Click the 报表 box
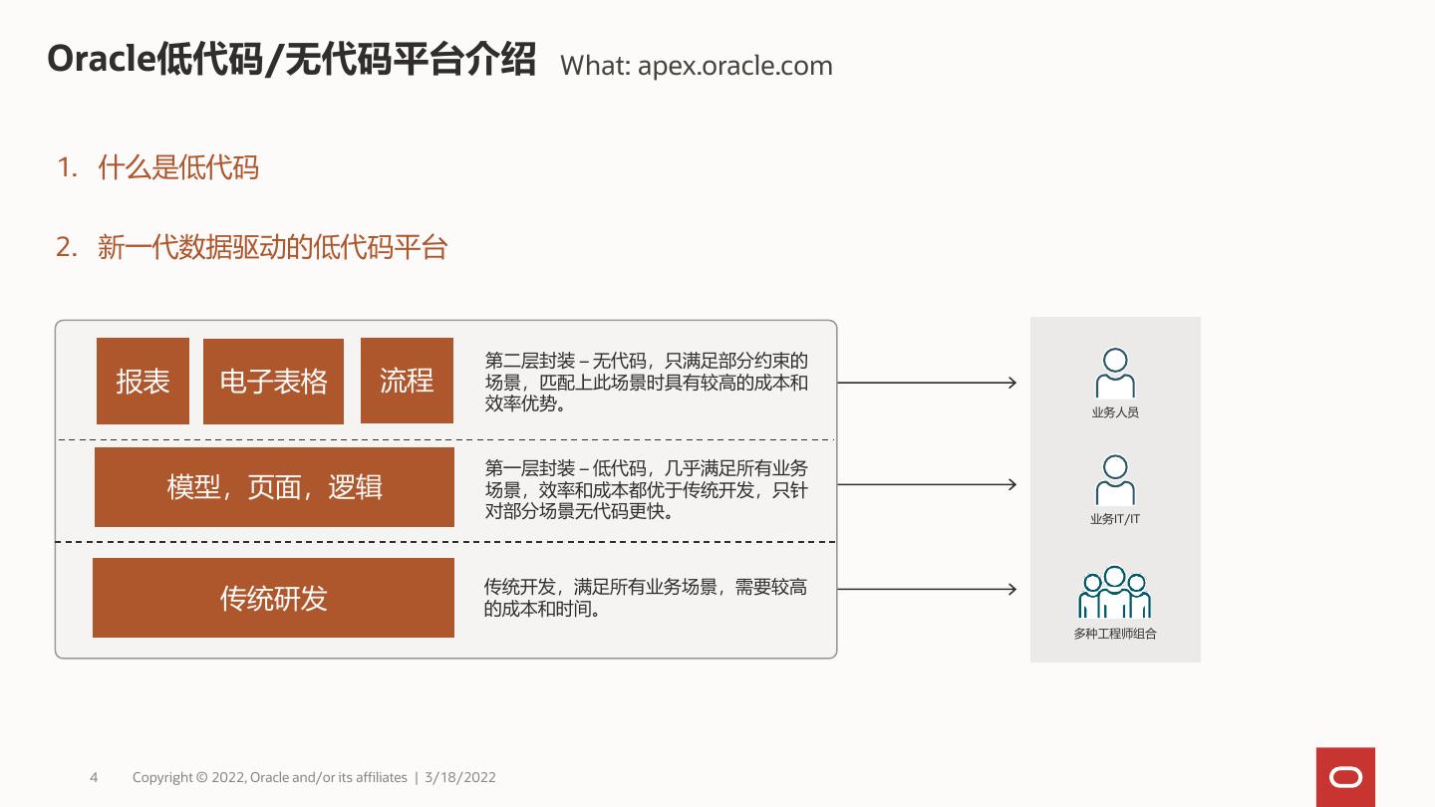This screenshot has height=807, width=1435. tap(143, 382)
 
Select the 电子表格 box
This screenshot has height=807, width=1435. tap(273, 382)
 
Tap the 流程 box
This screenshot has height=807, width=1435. tap(407, 381)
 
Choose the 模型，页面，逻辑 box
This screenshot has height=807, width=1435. tap(274, 487)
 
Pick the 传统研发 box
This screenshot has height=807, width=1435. tap(273, 598)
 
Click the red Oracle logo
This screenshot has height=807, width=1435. tap(1345, 777)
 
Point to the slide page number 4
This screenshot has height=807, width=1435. tap(94, 777)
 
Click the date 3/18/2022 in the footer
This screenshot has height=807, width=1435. tap(460, 777)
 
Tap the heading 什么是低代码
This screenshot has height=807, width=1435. tap(178, 167)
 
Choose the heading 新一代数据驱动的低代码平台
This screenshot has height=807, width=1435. tap(272, 247)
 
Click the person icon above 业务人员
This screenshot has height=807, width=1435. tap(1115, 373)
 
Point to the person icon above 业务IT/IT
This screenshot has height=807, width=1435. tap(1115, 479)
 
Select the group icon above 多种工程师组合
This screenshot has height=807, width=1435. tap(1114, 592)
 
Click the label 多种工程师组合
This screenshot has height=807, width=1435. tap(1115, 634)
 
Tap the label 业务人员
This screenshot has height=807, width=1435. tap(1115, 412)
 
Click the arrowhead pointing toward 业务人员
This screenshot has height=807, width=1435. tap(1011, 383)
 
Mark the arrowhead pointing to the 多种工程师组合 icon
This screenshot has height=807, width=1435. tap(1011, 589)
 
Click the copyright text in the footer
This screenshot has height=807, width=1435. tap(269, 777)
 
